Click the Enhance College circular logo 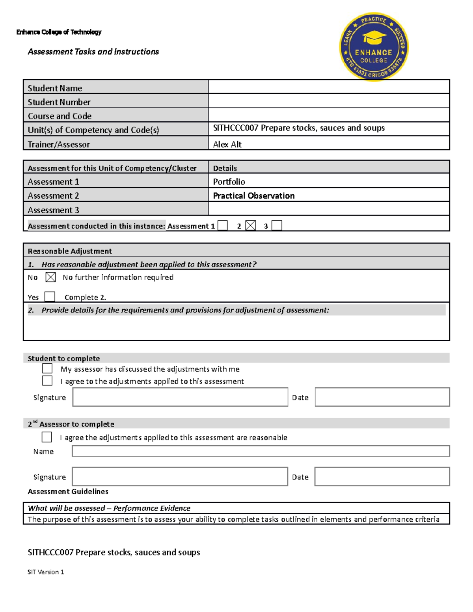tap(374, 47)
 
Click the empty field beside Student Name tap(328, 87)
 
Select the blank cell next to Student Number tap(328, 101)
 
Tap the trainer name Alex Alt tap(227, 144)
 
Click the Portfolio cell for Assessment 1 tap(229, 182)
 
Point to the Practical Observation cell tap(253, 196)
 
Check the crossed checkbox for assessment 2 tap(251, 225)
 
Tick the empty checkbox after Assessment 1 tap(223, 225)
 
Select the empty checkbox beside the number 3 tap(277, 225)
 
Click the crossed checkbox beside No tap(50, 277)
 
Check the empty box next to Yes tap(50, 296)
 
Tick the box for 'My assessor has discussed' tap(47, 368)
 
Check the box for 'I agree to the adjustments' tap(47, 381)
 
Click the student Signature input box tap(180, 397)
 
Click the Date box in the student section tap(382, 397)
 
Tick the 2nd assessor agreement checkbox tap(47, 437)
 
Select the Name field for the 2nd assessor tap(261, 451)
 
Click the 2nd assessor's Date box tap(382, 477)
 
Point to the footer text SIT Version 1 tap(46, 572)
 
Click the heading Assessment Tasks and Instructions tap(93, 52)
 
